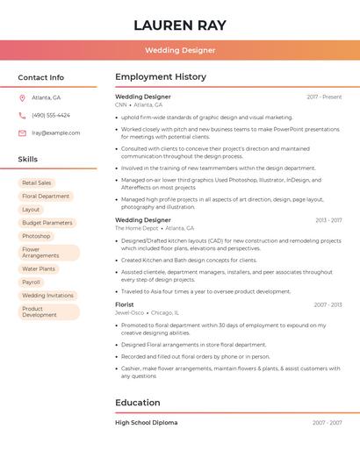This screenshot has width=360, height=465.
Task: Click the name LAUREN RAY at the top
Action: pos(180,25)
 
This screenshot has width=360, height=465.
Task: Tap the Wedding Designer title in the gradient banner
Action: pos(180,50)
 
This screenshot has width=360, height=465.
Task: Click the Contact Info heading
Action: pos(41,77)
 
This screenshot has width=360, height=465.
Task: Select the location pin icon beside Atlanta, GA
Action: pos(22,97)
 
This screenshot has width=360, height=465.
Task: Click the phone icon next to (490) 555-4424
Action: pos(22,115)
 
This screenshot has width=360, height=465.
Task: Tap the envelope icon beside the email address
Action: pos(22,133)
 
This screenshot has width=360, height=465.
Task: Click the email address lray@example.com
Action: pos(55,133)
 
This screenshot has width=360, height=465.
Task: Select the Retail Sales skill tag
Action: pos(37,182)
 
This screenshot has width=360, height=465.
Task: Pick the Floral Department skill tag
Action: pos(46,197)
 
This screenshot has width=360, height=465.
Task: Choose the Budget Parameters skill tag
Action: pos(47,223)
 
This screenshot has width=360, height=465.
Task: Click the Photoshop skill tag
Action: pos(36,236)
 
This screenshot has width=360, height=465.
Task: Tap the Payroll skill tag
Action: pos(31,283)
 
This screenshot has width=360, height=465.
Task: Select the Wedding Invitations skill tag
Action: pos(47,296)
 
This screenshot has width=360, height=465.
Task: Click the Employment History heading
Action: pos(161,77)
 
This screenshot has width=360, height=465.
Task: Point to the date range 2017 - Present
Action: pos(324,97)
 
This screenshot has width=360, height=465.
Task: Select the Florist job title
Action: pos(125,304)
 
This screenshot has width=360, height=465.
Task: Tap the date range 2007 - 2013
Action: pos(328,305)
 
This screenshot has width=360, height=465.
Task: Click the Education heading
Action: pos(138,403)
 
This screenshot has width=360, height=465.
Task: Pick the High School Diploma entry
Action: pos(146,423)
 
